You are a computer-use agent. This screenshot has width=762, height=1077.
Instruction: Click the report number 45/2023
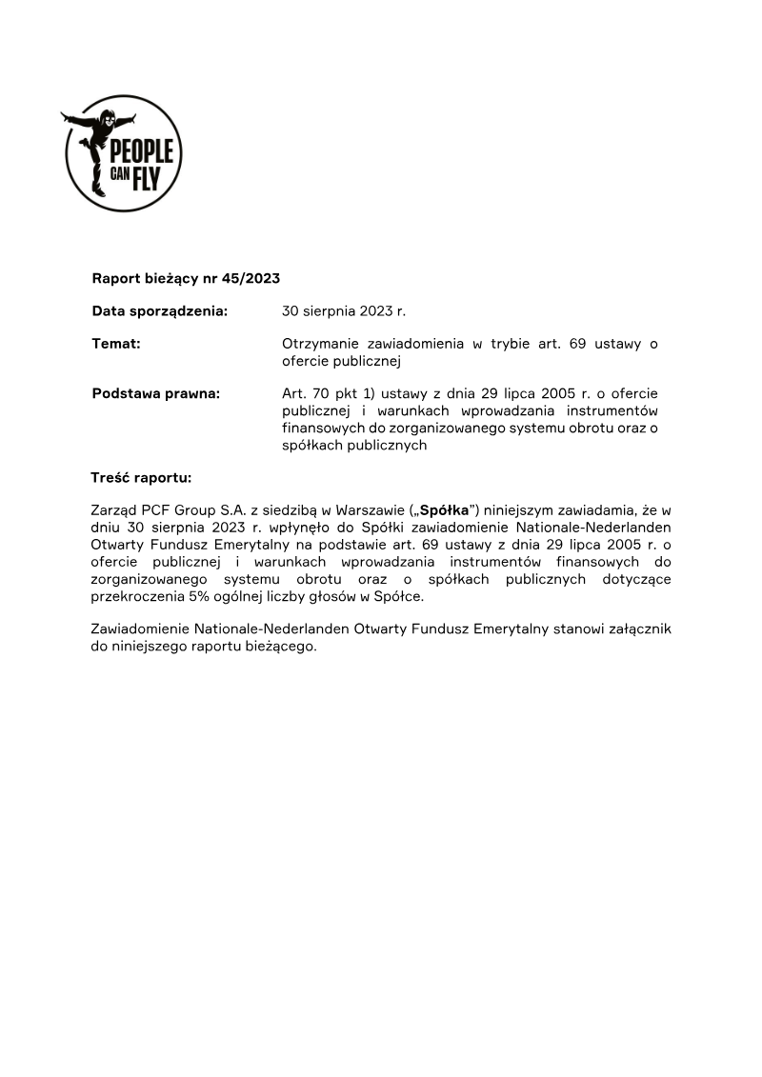pos(251,279)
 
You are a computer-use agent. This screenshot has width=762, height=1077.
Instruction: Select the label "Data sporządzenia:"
pos(159,311)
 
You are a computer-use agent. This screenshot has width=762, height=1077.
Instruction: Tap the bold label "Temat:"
pos(116,344)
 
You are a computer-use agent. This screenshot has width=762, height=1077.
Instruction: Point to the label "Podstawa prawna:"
pos(156,394)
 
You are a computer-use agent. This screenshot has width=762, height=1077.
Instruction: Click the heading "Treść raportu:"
pos(141,477)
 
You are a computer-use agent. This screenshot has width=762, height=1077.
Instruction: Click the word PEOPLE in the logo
pos(142,151)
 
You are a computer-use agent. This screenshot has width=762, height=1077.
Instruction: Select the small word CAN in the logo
pos(120,177)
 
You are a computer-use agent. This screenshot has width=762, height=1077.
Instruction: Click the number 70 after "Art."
pos(321,393)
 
